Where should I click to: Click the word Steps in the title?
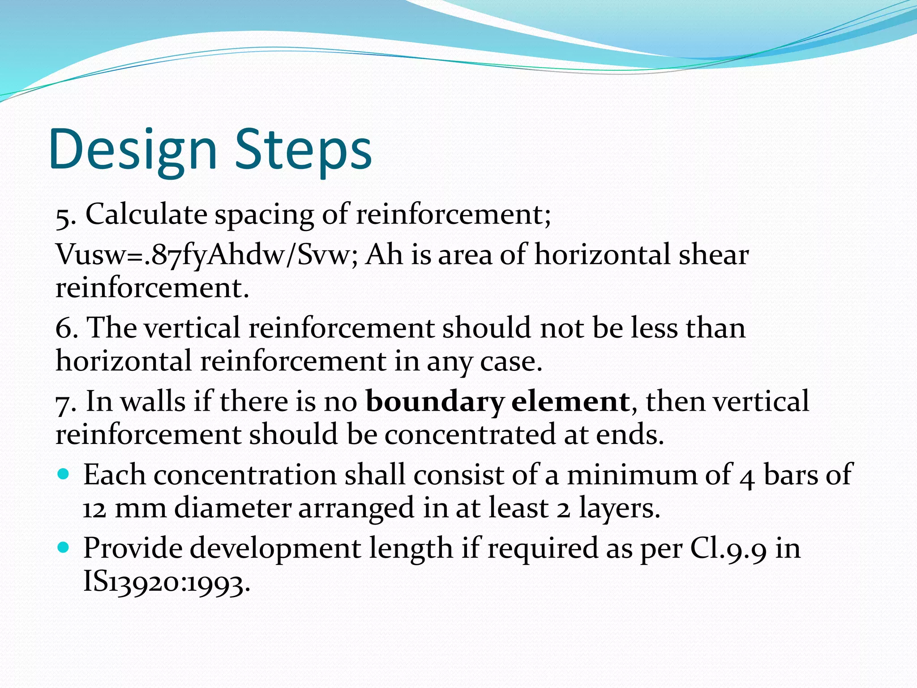tap(303, 150)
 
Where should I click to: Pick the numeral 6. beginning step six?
tap(66, 328)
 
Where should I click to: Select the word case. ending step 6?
tap(511, 361)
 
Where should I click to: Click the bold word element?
tap(570, 401)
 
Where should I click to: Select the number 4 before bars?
tap(746, 477)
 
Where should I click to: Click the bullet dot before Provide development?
tap(64, 546)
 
